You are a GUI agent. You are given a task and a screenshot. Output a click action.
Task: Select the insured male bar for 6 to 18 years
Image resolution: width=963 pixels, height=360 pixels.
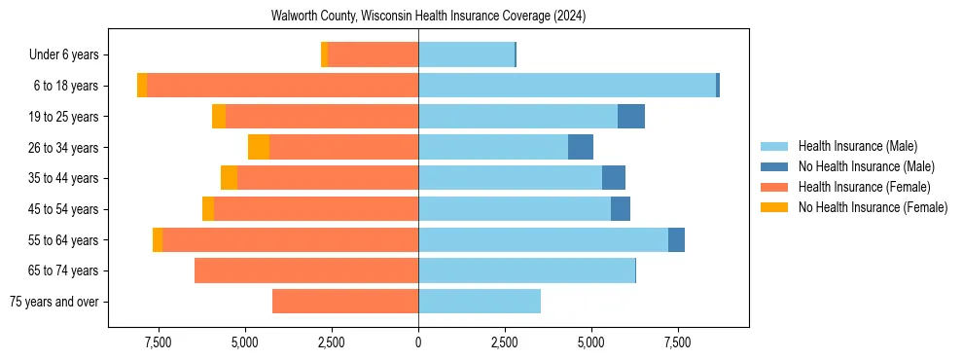point(567,86)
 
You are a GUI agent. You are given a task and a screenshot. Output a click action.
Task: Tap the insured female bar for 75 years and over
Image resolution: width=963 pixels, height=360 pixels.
point(345,302)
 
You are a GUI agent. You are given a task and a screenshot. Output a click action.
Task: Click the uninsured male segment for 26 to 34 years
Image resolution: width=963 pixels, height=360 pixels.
point(581,147)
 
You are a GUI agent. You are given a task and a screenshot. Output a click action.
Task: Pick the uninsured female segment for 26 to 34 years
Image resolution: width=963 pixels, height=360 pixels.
point(259,147)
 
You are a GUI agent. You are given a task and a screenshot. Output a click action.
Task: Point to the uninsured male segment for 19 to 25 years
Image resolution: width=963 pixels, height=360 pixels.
point(631,117)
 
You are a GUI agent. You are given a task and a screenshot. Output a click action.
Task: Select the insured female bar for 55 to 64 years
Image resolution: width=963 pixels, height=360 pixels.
point(290,240)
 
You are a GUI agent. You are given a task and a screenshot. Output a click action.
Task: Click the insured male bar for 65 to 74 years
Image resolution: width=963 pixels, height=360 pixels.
point(526,270)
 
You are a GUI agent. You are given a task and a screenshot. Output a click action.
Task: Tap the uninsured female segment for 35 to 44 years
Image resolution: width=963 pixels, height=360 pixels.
point(229,178)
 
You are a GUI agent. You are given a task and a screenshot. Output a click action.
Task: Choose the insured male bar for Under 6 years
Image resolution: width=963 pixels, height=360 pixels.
point(466,54)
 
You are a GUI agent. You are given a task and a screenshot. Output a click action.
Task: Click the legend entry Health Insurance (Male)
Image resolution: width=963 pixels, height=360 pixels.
point(857,146)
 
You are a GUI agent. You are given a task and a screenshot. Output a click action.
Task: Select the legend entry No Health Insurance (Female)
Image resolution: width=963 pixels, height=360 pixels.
point(873,207)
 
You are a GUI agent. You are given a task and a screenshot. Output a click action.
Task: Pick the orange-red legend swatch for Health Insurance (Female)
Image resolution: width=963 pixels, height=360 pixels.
point(775,187)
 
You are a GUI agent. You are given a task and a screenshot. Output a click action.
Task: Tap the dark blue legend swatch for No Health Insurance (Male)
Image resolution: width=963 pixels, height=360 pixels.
point(775,166)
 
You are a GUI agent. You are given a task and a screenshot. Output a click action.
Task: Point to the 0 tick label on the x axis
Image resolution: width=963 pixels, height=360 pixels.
point(418,342)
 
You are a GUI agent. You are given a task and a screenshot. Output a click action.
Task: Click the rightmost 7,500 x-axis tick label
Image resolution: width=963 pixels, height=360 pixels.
point(677,342)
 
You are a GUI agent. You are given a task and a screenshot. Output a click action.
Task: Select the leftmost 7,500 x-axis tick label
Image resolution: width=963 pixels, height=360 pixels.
point(159,342)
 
